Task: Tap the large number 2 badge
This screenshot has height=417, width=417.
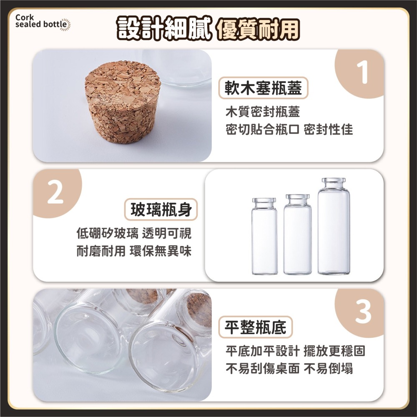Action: click(x=55, y=193)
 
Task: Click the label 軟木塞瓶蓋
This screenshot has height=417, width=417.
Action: click(x=263, y=88)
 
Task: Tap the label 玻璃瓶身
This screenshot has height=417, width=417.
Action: click(x=161, y=209)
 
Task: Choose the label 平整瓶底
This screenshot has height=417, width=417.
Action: click(x=256, y=327)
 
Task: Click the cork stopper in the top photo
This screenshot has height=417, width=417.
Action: click(x=123, y=102)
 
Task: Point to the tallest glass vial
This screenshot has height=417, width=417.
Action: click(x=334, y=226)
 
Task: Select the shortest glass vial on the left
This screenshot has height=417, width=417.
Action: click(x=264, y=236)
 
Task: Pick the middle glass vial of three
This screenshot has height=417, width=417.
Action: click(x=297, y=234)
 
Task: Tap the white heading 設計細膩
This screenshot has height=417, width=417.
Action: click(x=164, y=29)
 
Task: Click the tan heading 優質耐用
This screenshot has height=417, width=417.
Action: click(x=258, y=29)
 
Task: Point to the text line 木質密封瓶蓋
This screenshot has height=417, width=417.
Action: click(x=263, y=112)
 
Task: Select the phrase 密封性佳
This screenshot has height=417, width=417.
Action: click(x=329, y=130)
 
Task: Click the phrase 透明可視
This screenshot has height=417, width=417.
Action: click(x=167, y=234)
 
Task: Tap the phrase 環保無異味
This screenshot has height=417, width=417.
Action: click(x=161, y=251)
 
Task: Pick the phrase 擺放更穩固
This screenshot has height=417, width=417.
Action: click(x=334, y=351)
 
